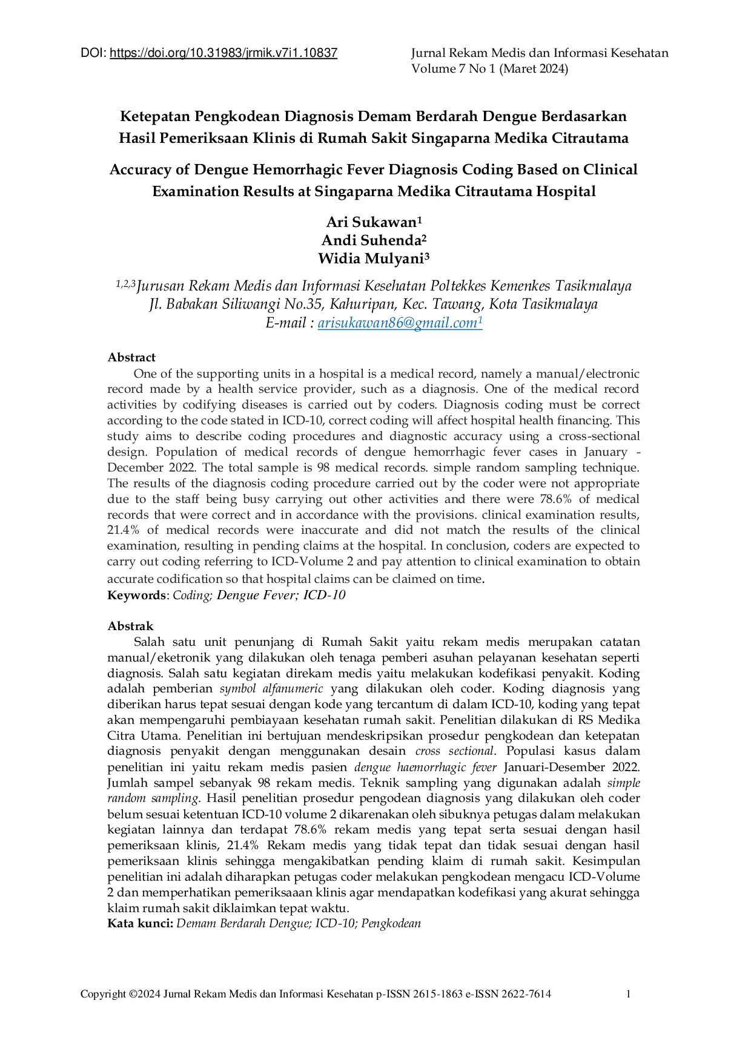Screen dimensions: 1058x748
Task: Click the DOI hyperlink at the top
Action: pos(223,53)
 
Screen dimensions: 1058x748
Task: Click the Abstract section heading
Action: pos(131,358)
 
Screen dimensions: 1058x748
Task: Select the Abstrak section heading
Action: pos(130,626)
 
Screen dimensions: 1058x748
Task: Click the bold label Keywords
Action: pos(136,596)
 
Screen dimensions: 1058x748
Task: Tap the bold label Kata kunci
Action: pos(140,924)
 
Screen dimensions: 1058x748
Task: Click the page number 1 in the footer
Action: pos(629,994)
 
